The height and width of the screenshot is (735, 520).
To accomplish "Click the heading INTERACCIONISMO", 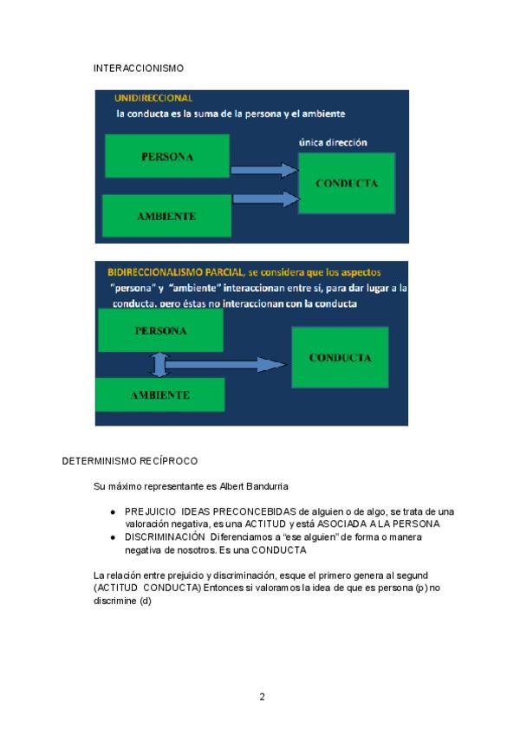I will click(x=138, y=68).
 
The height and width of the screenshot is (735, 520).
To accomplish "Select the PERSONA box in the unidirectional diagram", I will click(x=166, y=157).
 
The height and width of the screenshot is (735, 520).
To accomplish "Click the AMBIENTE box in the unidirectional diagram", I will click(x=166, y=216).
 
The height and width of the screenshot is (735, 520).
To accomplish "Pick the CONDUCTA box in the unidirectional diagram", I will click(x=347, y=184).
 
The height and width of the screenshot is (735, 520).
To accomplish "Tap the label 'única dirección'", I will click(x=333, y=142).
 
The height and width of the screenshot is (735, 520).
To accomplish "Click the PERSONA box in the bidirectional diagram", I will click(x=161, y=331).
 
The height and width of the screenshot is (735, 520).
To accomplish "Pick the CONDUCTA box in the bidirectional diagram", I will click(x=341, y=357).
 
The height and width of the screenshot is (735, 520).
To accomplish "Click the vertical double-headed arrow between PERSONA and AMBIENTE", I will click(x=157, y=363).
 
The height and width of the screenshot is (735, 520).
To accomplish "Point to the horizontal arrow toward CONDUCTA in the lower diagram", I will click(x=225, y=364).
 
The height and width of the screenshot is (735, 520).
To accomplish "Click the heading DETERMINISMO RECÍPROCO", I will click(x=130, y=461).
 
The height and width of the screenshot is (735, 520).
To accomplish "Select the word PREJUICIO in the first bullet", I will click(x=149, y=512).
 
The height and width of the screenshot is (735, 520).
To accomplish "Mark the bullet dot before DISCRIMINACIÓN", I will click(x=113, y=537).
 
